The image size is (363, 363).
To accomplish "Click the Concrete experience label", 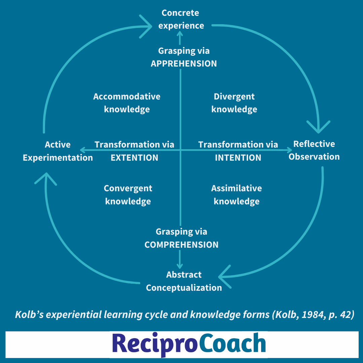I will tap(181, 19).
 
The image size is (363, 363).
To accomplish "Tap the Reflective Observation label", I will tap(314, 150).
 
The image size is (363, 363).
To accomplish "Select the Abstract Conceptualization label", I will tap(184, 281).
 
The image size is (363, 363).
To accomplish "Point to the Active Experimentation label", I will tap(58, 151).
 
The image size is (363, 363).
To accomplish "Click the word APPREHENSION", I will tap(184, 64).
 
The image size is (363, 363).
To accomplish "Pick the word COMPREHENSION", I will tap(182, 245).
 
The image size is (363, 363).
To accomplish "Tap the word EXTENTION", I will tap(134, 158).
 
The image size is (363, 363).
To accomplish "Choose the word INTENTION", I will tap(238, 158).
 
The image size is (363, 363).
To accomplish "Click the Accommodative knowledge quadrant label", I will tap(127, 103).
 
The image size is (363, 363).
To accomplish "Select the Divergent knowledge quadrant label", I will tap(234, 103).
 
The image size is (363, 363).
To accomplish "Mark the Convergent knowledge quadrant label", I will tap(128, 195).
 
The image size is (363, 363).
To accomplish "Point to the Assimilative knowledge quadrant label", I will tap(237, 195).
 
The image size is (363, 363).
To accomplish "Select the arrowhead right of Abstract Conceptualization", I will tap(223, 277).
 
